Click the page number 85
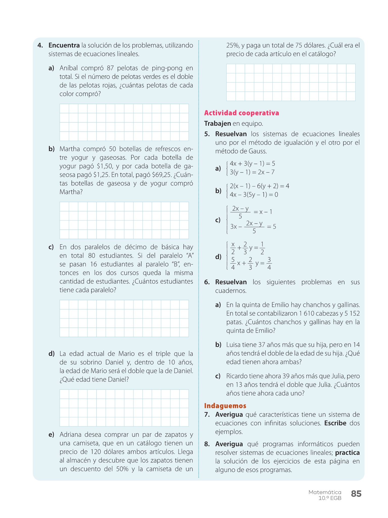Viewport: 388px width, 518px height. click(356, 494)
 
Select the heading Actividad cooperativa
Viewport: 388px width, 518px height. click(241, 113)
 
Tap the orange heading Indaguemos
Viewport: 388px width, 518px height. click(225, 406)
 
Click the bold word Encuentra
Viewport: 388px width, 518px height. click(64, 45)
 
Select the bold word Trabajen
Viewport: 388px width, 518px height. click(217, 123)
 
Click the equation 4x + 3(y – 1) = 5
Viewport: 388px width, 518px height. click(252, 164)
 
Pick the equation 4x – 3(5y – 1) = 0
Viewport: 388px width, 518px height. click(254, 195)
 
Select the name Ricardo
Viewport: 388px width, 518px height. click(237, 376)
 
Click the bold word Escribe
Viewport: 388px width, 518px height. click(335, 423)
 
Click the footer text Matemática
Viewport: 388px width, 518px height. click(325, 492)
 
